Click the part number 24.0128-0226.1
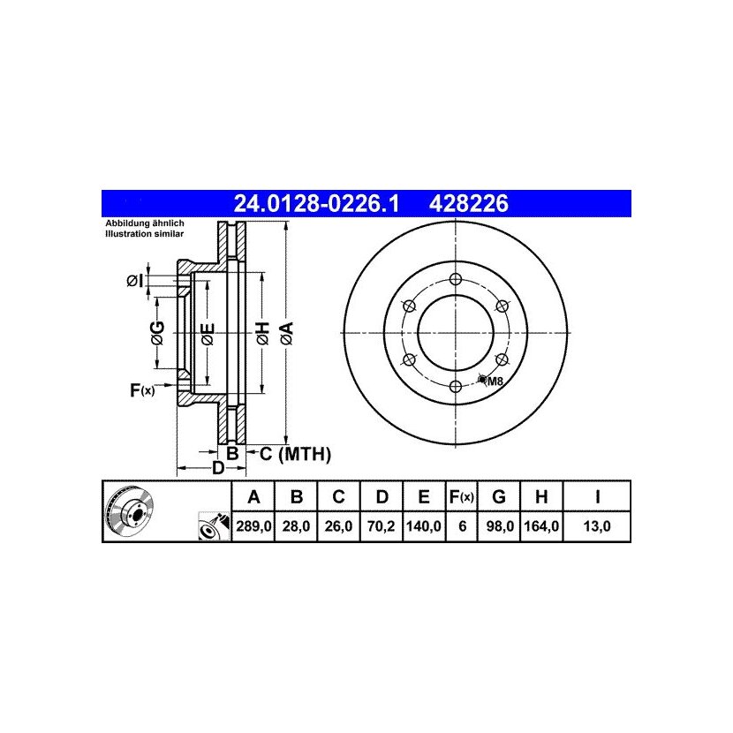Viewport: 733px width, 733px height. click(316, 204)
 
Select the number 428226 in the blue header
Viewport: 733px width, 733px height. click(468, 204)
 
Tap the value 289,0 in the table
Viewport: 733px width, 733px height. click(253, 526)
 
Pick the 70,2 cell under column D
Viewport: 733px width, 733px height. click(382, 526)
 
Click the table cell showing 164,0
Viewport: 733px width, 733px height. click(541, 526)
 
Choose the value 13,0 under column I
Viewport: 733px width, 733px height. click(597, 526)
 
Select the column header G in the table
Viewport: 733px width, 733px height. click(499, 496)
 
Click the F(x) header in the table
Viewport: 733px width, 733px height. click(461, 497)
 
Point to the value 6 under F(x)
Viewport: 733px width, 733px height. click(463, 526)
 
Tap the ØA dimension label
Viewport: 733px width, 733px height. click(288, 333)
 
